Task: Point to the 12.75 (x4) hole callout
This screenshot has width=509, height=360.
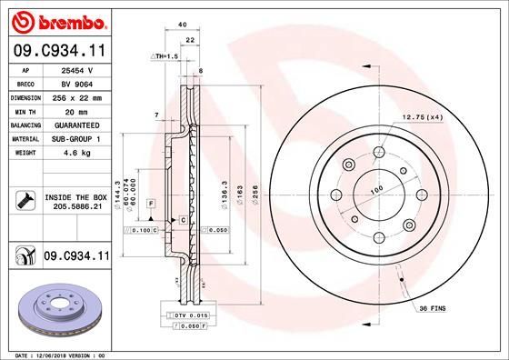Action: click(421, 116)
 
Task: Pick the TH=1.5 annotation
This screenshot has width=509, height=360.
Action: click(164, 56)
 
